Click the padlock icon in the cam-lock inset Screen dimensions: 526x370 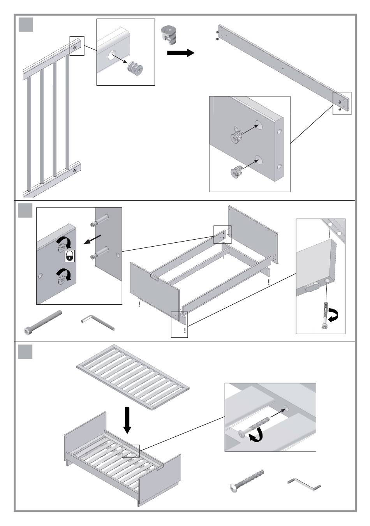pos(69,256)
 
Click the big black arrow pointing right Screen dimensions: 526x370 pos(180,53)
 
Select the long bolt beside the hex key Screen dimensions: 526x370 pos(43,321)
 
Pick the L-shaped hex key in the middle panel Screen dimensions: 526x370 pos(98,323)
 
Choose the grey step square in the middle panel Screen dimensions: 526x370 pos(26,211)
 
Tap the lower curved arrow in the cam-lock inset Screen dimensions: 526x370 pos(64,275)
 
